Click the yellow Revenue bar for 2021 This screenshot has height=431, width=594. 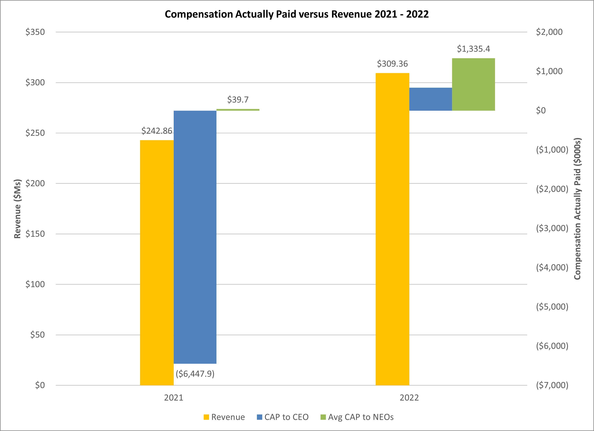(x=157, y=262)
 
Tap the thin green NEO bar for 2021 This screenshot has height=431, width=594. (x=238, y=110)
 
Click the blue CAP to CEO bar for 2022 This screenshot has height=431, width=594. (x=430, y=99)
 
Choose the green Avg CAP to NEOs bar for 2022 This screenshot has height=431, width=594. (x=473, y=84)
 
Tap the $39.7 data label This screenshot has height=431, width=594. (x=238, y=100)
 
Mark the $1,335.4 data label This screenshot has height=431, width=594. (x=473, y=49)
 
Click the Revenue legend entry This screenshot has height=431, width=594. (x=224, y=417)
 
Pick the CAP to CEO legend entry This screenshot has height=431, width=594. (x=283, y=417)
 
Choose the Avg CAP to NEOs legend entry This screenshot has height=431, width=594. (x=357, y=417)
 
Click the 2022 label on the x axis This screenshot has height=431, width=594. (x=409, y=398)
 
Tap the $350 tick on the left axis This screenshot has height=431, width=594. (x=35, y=32)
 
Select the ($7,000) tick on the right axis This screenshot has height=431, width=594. (x=552, y=385)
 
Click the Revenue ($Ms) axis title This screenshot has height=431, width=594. (x=17, y=209)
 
